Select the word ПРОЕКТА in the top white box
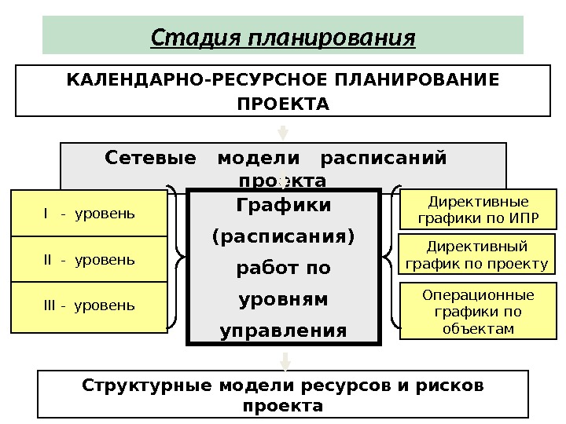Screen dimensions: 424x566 [283, 104]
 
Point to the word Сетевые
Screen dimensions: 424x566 [150, 159]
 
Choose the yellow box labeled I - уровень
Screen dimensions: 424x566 [89, 214]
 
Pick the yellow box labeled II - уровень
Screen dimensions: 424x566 [89, 259]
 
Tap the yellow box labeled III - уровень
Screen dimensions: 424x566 [89, 305]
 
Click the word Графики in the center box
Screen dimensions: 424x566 [283, 206]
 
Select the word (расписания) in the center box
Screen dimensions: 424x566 [283, 236]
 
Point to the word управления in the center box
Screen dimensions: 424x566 [283, 331]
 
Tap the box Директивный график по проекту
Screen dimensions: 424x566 [478, 254]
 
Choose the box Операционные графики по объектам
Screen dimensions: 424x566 [478, 312]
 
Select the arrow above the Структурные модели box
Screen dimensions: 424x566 [285, 361]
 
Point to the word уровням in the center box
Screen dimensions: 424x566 [283, 300]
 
